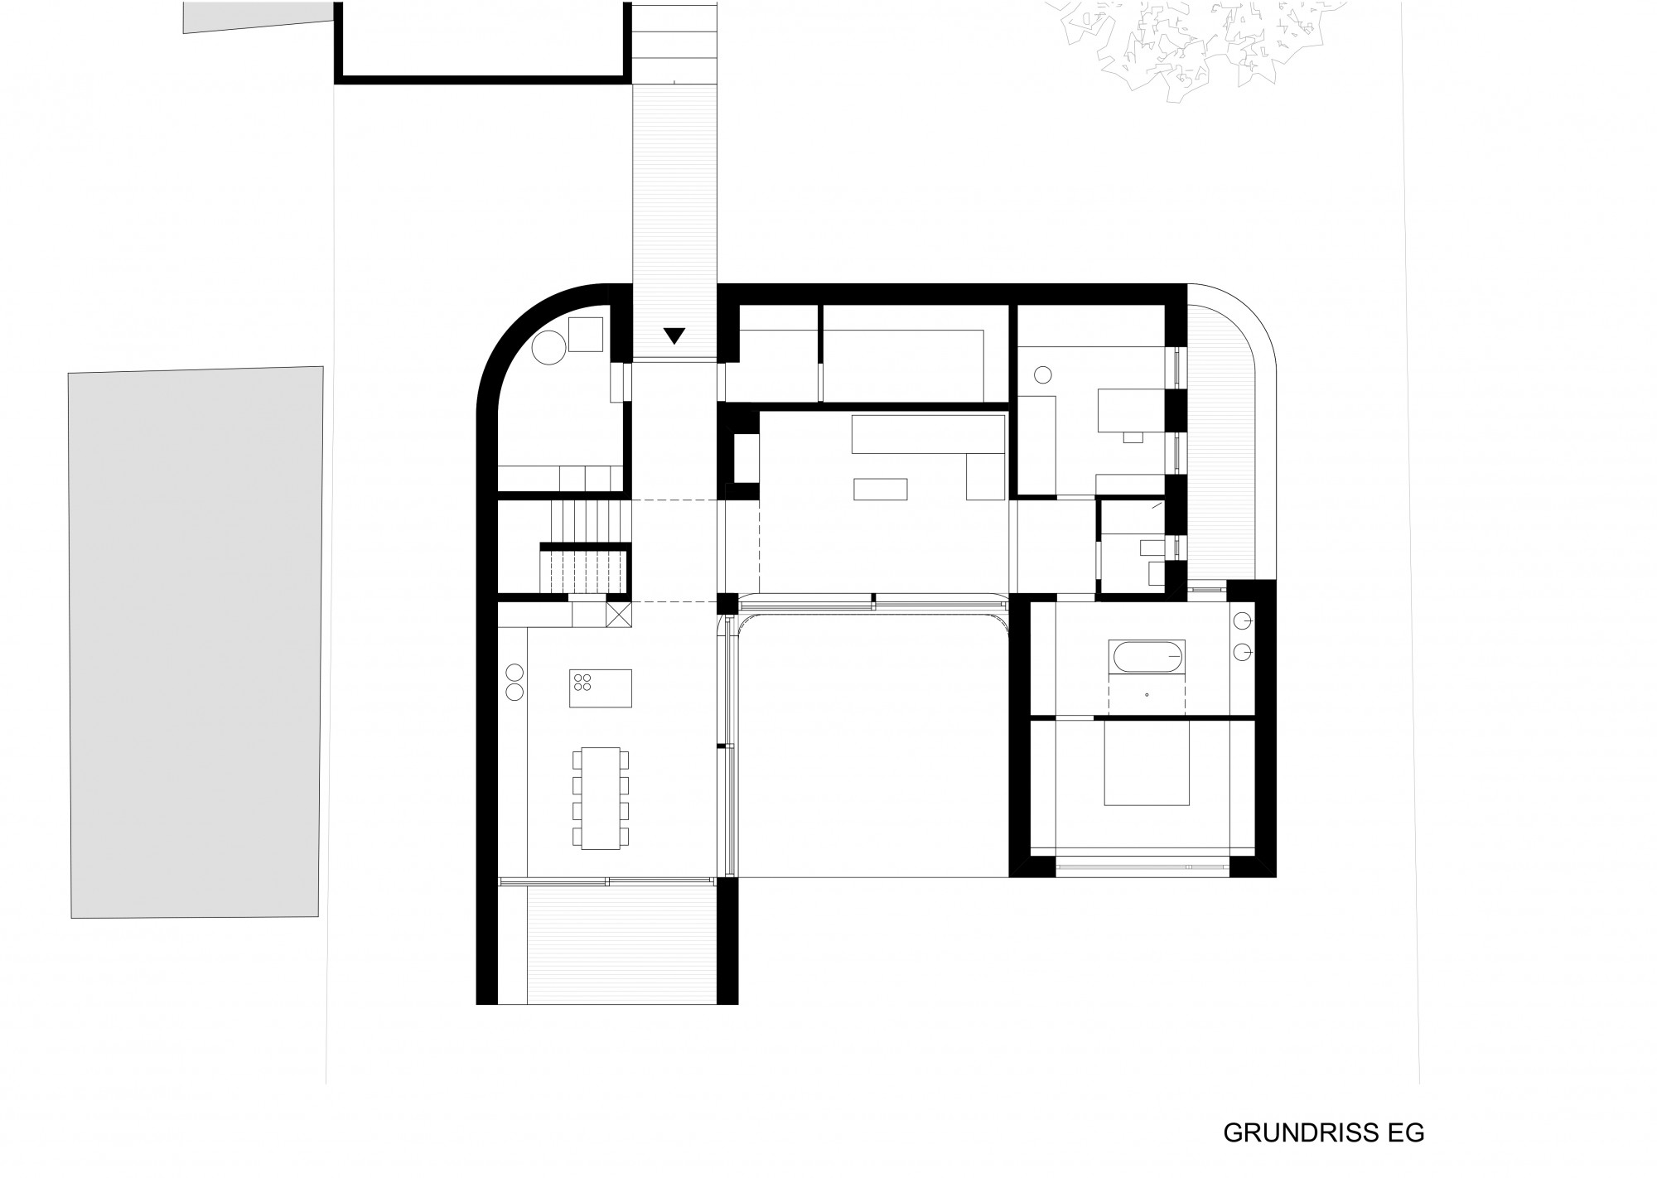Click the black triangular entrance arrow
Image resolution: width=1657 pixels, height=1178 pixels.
pyautogui.click(x=675, y=335)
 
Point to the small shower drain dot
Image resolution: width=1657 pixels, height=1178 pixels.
pyautogui.click(x=1147, y=694)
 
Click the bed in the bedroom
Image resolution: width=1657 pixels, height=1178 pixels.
pyautogui.click(x=1147, y=763)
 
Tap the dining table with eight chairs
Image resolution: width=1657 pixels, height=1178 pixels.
pyautogui.click(x=601, y=798)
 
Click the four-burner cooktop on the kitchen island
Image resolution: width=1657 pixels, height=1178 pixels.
pyautogui.click(x=583, y=682)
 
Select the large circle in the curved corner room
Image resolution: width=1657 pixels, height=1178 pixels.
pyautogui.click(x=548, y=347)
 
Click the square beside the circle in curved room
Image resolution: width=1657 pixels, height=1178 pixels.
pyautogui.click(x=586, y=334)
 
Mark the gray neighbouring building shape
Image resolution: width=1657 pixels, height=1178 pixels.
pyautogui.click(x=196, y=642)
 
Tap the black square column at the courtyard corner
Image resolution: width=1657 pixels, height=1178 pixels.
pyautogui.click(x=727, y=603)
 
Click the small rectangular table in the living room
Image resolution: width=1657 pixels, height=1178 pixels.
pyautogui.click(x=882, y=490)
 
